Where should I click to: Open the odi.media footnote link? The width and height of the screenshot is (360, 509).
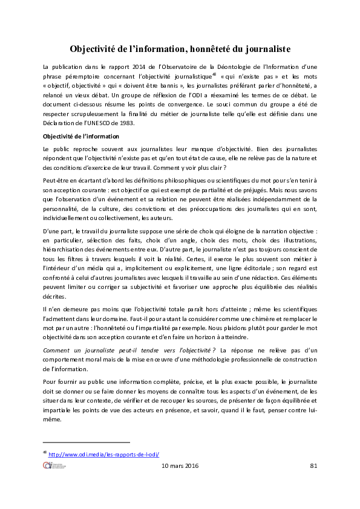pos(103,455)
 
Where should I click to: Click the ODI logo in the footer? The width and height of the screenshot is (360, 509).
pos(54,465)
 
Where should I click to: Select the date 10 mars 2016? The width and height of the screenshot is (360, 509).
pos(181,466)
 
